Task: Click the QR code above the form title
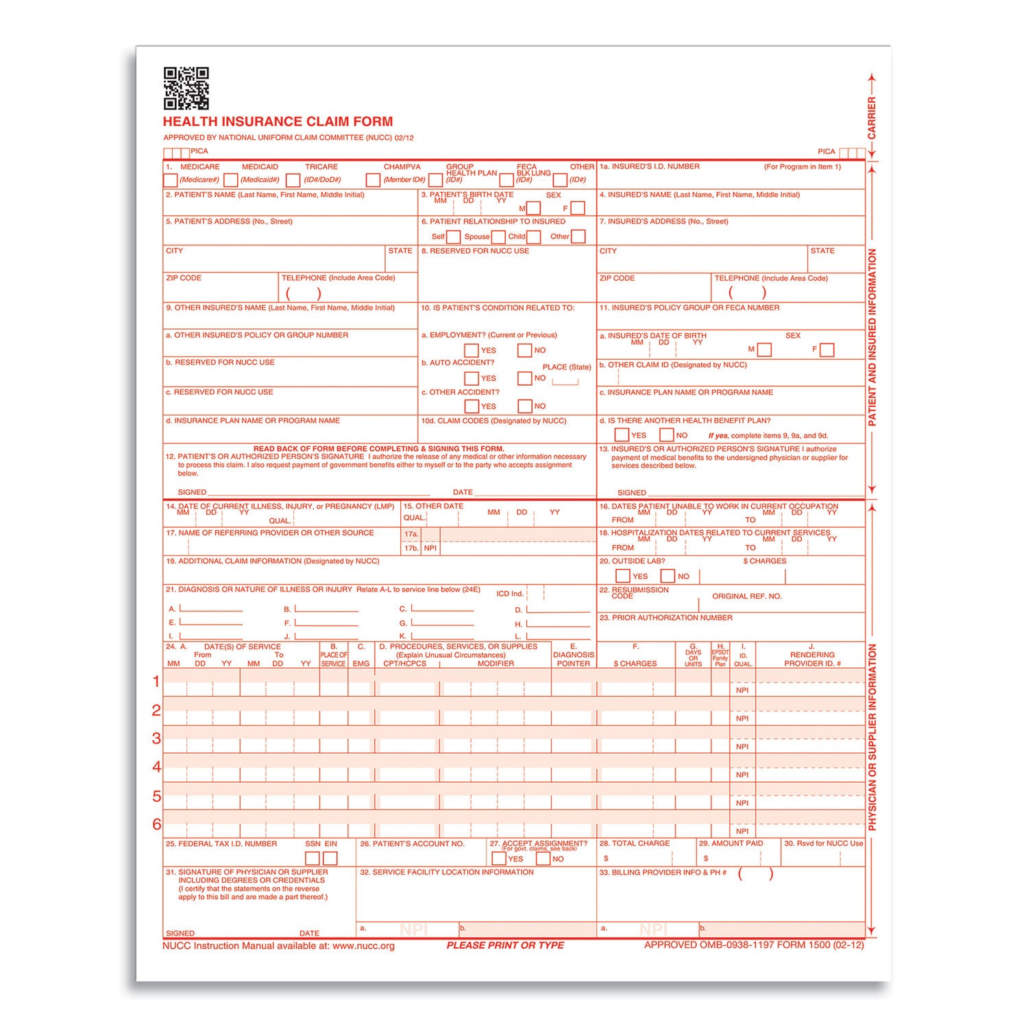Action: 186,88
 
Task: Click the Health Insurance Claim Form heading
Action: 278,122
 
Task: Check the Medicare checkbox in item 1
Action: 170,180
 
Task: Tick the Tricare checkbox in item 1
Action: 293,180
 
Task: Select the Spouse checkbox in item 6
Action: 498,237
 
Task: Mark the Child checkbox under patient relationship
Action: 533,237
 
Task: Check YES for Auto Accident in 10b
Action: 472,378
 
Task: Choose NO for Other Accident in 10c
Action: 525,406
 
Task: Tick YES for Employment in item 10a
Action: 472,350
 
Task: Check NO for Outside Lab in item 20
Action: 668,576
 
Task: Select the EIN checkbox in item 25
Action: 330,858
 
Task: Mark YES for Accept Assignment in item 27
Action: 499,859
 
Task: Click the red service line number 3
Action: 157,738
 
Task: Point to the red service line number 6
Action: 157,824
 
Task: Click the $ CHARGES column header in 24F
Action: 635,663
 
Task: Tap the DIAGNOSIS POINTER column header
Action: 574,659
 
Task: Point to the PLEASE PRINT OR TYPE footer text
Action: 505,945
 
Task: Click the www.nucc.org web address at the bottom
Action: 363,946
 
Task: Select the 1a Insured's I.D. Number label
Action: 650,167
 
